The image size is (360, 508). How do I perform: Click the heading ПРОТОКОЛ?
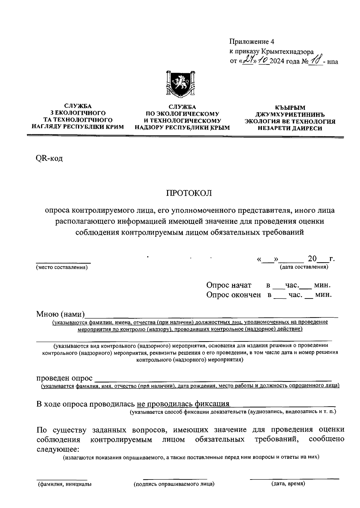coord(189,193)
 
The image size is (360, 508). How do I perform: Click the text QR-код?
coord(49,158)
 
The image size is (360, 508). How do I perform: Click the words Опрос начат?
coord(229,285)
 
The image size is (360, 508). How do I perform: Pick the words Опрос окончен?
coord(233,295)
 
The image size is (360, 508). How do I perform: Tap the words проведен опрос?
coord(64,378)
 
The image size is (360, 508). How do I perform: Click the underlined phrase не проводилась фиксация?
coord(183,404)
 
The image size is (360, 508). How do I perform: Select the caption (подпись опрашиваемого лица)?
coord(174,484)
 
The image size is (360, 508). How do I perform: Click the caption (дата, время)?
coord(288,484)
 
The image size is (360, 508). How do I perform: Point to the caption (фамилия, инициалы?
coord(64,484)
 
